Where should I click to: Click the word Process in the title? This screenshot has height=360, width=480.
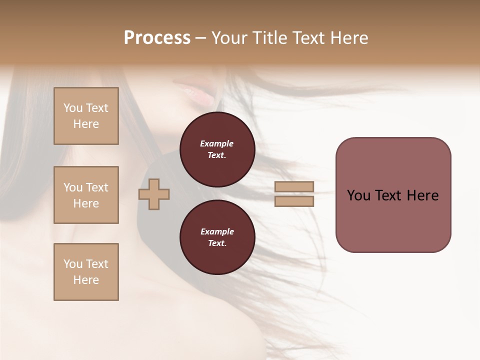157,38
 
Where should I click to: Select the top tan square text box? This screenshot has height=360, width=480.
86,116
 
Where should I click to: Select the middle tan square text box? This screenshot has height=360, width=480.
86,195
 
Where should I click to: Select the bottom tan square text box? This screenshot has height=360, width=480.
86,272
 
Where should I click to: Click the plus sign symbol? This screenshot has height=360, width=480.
154,194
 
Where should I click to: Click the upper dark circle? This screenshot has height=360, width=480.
217,149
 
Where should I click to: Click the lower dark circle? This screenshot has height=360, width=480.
217,237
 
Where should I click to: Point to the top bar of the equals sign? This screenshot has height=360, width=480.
294,187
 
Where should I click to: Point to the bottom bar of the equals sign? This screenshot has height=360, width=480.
294,201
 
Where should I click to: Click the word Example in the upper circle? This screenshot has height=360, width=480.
217,143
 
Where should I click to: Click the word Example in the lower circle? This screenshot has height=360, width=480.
217,231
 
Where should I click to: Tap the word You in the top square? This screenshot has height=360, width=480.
72,108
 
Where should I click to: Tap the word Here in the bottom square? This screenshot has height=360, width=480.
86,280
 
